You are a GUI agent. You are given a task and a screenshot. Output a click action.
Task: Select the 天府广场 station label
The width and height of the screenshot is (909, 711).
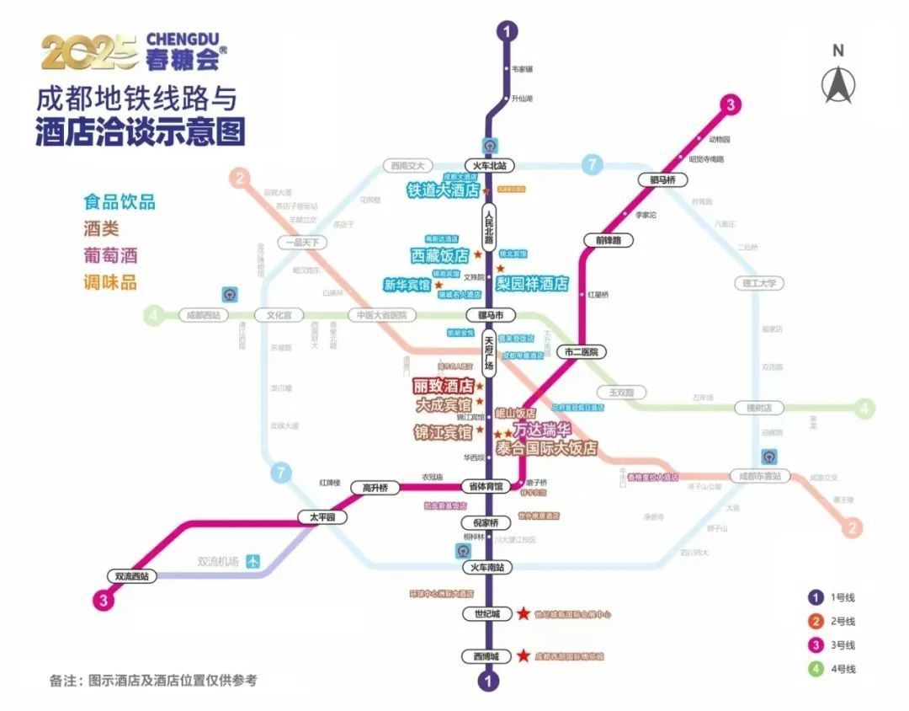coord(490,354)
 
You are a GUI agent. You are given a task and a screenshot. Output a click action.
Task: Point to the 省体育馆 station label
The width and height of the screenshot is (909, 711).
coord(485,486)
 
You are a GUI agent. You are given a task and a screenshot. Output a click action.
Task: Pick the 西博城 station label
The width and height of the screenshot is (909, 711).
coord(486,656)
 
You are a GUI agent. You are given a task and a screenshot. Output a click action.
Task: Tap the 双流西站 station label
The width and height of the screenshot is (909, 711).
coord(132,576)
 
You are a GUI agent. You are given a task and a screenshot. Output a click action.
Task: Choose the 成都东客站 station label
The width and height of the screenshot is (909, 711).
coord(760,476)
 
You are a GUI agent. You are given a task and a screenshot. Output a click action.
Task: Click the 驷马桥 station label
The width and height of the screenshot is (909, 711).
coord(664,180)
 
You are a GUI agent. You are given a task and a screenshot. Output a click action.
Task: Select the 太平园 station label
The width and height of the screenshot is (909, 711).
coord(322,517)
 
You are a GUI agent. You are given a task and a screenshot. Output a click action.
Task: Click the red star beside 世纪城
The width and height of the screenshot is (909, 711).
coord(524,614)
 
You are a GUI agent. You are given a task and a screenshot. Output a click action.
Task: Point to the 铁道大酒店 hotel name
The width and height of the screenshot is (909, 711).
coord(443,190)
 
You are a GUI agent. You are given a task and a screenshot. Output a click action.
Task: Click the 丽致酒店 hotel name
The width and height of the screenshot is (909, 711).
coord(442,387)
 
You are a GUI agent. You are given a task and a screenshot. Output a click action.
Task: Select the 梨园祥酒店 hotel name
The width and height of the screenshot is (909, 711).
coord(532,284)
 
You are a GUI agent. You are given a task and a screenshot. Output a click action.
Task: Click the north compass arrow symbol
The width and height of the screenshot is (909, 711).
coord(837,83)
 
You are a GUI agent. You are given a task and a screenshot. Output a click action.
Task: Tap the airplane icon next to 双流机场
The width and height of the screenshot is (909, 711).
coord(255,562)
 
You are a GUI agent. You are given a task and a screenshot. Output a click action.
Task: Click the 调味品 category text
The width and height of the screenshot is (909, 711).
coord(109,282)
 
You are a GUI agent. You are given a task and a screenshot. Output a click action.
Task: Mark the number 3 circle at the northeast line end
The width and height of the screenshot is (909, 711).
coord(731,105)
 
